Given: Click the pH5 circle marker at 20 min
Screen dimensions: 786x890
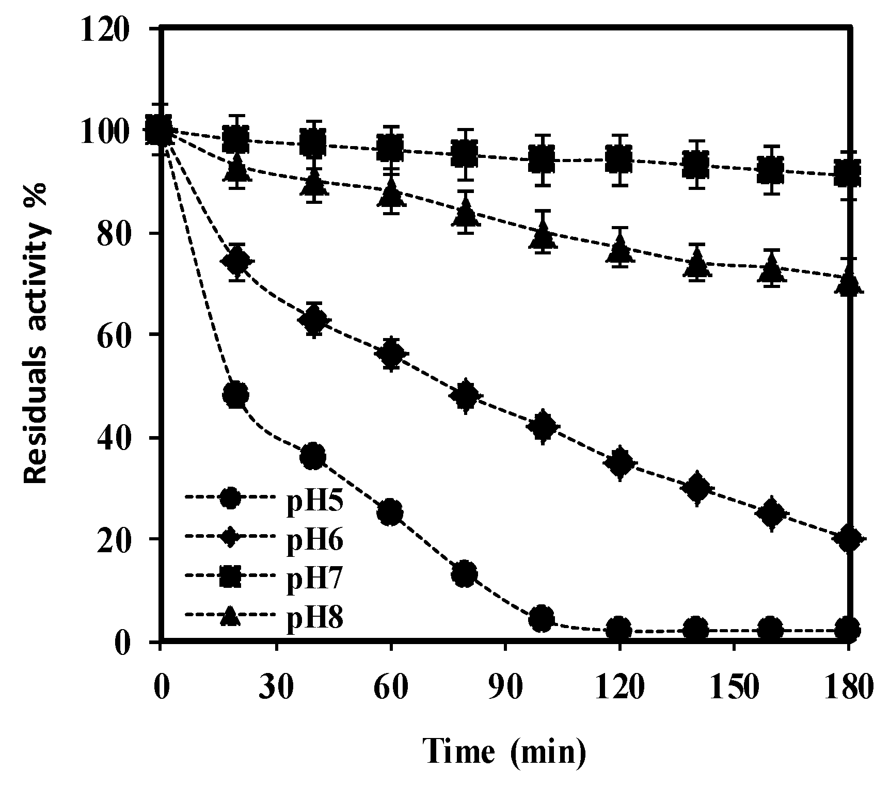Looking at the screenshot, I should pyautogui.click(x=236, y=395).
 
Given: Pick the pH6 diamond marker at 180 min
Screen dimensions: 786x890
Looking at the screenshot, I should pyautogui.click(x=849, y=539).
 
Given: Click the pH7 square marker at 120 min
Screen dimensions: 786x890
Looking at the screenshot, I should pyautogui.click(x=619, y=159).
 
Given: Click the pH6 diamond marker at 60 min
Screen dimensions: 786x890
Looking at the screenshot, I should pyautogui.click(x=391, y=354).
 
